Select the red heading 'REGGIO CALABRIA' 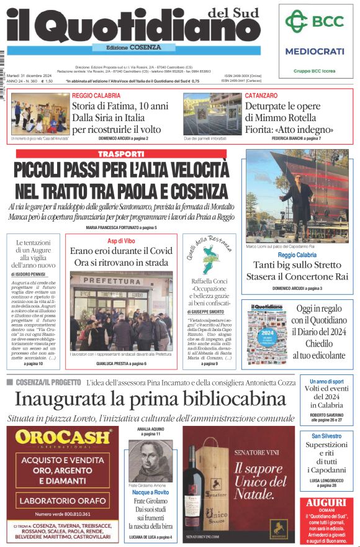tap(96, 96)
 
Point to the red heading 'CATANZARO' tap(261, 96)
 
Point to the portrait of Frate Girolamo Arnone tap(149, 460)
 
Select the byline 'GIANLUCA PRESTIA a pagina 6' tap(121, 363)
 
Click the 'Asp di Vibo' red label tap(121, 240)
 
